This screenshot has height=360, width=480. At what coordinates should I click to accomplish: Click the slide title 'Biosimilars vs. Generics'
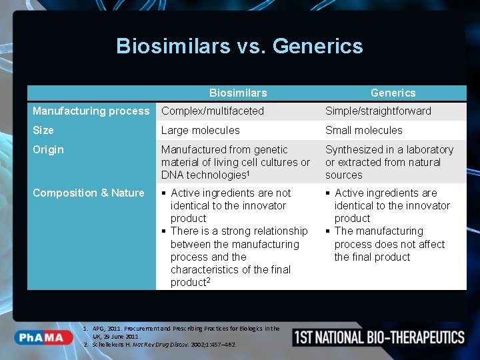239,46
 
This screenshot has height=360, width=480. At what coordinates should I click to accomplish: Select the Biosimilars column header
238,93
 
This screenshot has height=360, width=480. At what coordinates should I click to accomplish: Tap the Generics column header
393,93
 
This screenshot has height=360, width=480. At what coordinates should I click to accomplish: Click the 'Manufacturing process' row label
91,111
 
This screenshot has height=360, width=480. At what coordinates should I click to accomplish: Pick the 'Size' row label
43,131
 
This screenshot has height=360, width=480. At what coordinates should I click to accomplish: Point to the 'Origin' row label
48,150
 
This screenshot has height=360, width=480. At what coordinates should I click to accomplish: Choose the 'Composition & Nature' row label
89,193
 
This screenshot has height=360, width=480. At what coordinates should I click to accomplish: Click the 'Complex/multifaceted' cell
213,111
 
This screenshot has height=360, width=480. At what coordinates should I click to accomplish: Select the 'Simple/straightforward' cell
378,111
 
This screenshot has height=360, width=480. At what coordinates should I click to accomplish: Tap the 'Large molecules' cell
200,131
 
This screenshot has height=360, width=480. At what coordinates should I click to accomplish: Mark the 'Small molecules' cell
364,131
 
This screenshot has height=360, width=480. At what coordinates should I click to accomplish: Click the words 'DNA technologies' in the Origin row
199,175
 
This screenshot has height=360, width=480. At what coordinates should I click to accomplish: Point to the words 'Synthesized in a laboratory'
389,150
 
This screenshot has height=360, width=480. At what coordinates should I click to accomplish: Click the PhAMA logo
41,337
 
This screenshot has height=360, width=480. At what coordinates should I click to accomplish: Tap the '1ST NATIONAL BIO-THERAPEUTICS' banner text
379,337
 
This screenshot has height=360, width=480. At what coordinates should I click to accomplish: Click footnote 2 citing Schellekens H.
163,345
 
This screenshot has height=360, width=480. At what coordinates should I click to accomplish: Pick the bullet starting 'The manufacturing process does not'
389,244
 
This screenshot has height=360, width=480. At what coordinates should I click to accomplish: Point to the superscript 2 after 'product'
209,280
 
